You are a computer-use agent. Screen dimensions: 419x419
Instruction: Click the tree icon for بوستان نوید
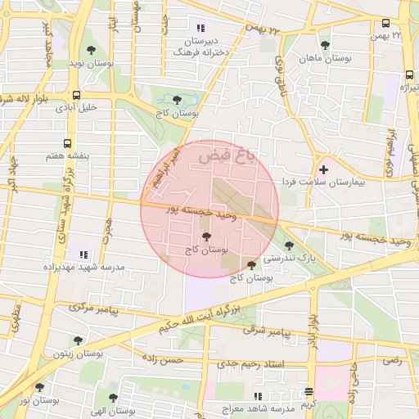pos(113,50)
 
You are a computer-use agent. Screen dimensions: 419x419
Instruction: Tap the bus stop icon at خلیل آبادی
pos(76,94)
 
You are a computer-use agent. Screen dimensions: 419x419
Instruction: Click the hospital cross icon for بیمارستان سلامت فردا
pos(324,169)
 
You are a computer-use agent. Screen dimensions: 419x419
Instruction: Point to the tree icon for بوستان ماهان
pos(325,45)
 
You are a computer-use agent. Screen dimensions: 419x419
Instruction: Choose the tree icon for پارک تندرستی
pos(288,245)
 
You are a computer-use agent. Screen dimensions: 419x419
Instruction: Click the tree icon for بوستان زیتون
pos(78,340)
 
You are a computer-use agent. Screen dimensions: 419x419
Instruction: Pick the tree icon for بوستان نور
pos(38,387)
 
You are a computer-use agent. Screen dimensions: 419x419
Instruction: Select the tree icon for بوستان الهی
pos(114,397)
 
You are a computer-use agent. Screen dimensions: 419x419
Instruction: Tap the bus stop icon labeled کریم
pos(308,392)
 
